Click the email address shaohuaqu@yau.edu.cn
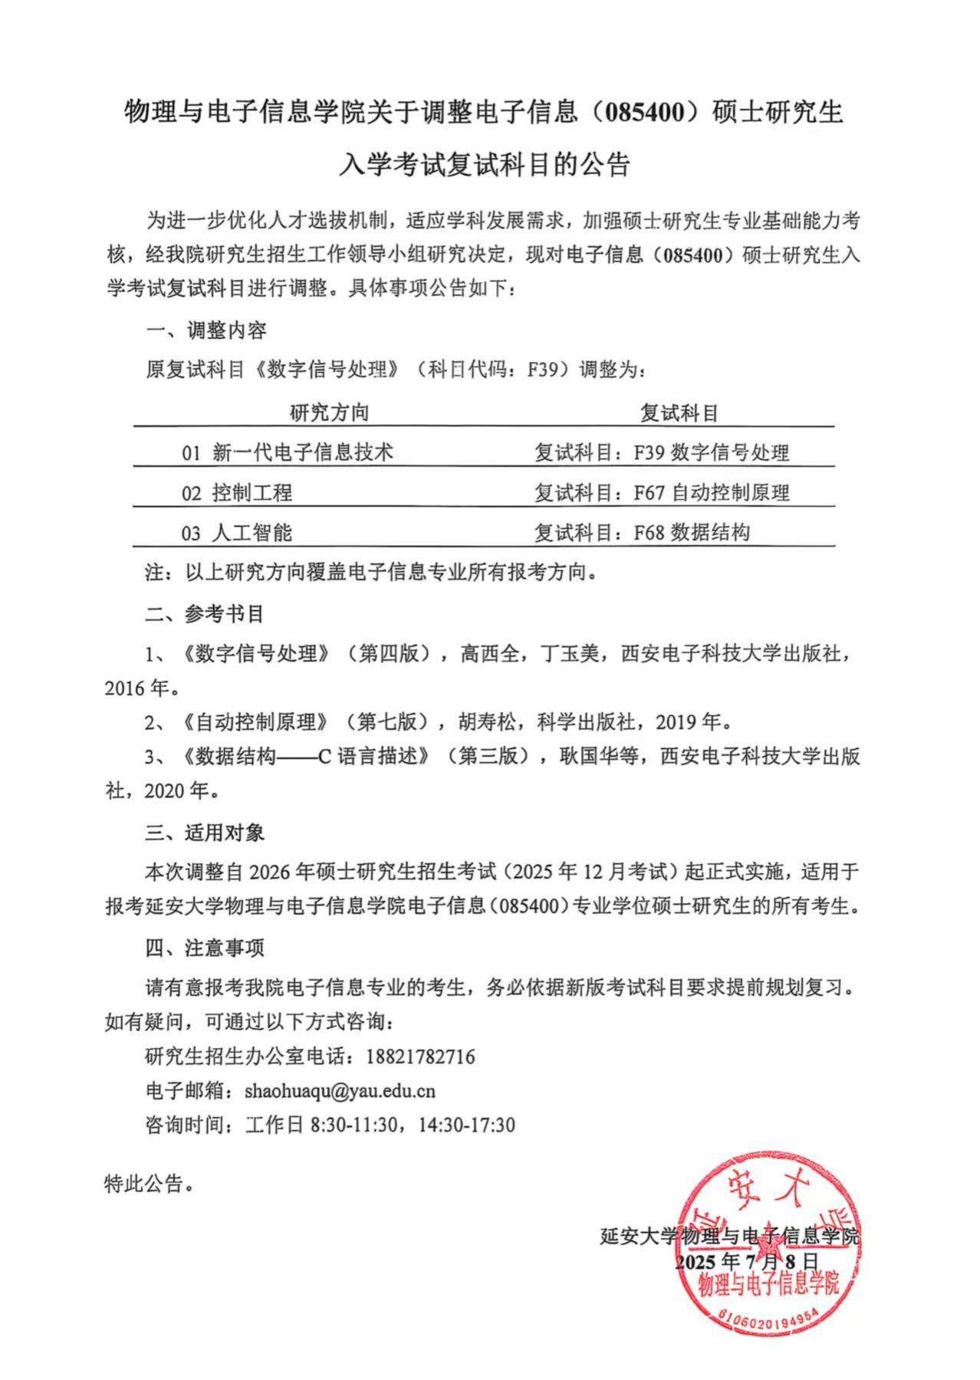tap(340, 1091)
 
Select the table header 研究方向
tap(329, 413)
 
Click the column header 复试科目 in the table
tap(679, 413)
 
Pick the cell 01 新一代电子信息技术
tap(287, 452)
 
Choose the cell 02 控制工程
tap(237, 492)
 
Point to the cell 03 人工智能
tap(237, 533)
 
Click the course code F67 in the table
tap(649, 492)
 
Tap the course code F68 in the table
tap(649, 533)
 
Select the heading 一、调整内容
tap(206, 331)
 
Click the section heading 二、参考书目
tap(205, 613)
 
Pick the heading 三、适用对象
tap(205, 833)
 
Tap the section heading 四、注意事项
tap(205, 948)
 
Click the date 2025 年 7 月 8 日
tap(747, 1262)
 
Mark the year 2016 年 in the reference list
tap(137, 688)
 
